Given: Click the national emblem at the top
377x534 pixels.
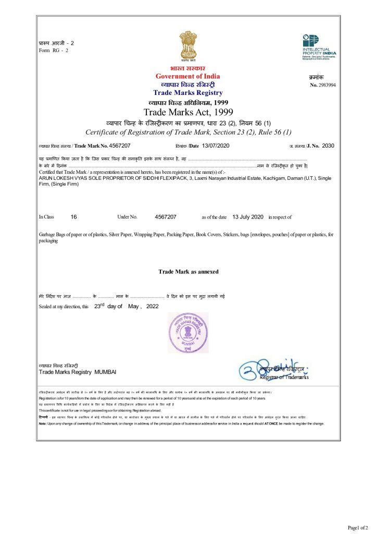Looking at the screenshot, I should (188, 46).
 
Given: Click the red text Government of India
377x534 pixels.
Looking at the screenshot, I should (187, 76).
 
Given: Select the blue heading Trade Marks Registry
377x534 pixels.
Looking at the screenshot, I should (187, 92).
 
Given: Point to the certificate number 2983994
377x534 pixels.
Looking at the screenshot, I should (326, 84).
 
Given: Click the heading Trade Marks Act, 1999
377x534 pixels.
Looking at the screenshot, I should (188, 112).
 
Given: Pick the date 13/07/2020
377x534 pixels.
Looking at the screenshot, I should (215, 145).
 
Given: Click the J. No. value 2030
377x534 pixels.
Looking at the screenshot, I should (328, 145).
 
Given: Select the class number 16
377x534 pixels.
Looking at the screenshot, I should (74, 216).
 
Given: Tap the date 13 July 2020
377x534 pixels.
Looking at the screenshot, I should (248, 216).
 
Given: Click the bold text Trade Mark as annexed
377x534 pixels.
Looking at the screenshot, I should (188, 272).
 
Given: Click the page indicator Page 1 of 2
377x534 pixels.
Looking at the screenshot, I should (358, 528).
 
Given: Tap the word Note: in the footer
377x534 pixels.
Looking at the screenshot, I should (43, 423).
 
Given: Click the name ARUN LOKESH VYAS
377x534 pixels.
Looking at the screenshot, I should (60, 178).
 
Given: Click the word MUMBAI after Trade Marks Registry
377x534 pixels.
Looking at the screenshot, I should (105, 371).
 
